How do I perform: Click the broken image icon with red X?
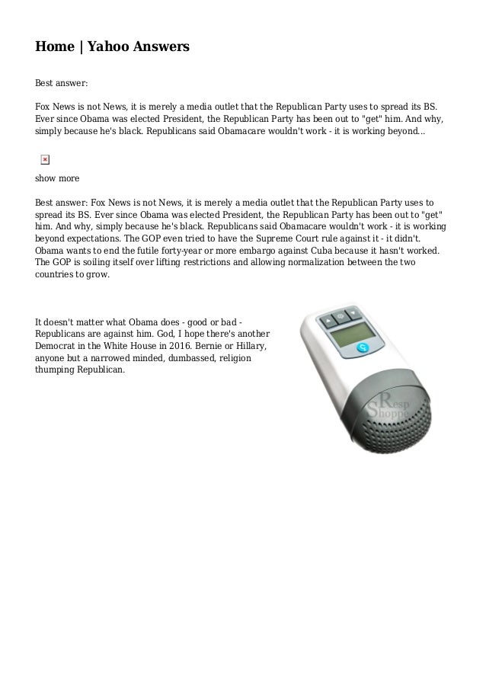click(44, 159)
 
